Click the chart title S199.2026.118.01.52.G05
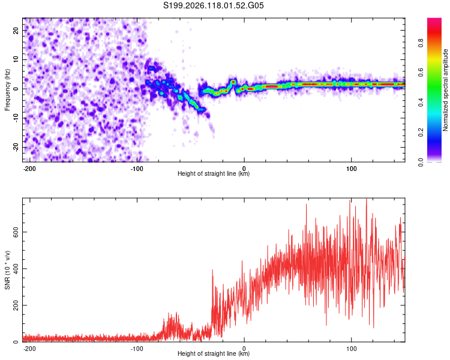tap(213, 5)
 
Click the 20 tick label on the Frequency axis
tap(16, 31)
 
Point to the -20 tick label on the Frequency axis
tap(16, 148)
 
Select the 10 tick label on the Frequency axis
tap(16, 59)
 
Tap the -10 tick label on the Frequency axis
tap(16, 118)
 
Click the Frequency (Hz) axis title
tap(7, 90)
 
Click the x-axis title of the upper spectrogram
tap(214, 173)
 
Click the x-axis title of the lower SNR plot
tap(214, 353)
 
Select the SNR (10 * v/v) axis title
tap(7, 270)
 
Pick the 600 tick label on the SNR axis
tap(16, 232)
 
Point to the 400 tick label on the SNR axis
tap(16, 269)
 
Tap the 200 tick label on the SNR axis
tap(16, 305)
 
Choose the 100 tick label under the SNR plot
tap(351, 349)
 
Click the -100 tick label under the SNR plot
tap(137, 349)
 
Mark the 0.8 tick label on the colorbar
tap(421, 43)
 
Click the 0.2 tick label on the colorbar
tap(421, 133)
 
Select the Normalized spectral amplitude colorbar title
tap(445, 90)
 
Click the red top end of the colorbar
tap(434, 19)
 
